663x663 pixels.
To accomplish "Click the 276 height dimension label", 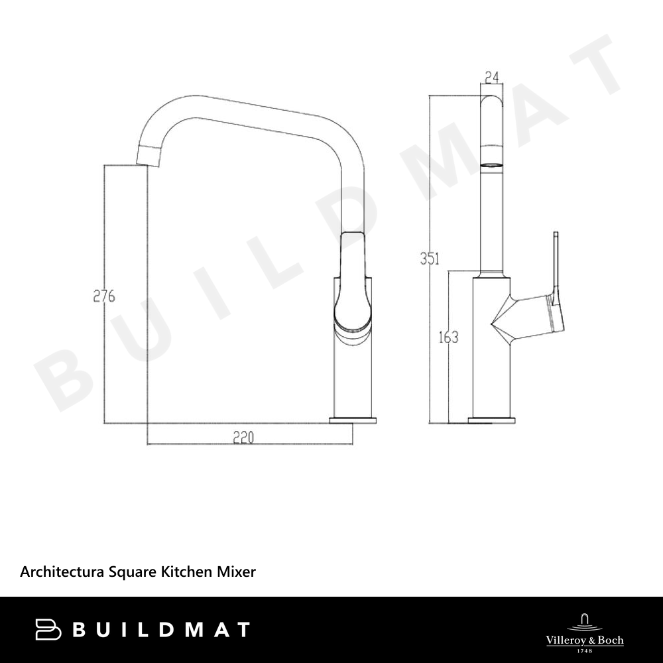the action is click(x=104, y=296).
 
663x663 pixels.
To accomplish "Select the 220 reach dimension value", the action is click(x=244, y=437).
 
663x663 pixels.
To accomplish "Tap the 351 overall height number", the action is click(x=430, y=259).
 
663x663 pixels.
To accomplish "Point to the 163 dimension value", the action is click(x=448, y=337).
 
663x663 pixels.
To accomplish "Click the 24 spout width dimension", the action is click(x=492, y=78).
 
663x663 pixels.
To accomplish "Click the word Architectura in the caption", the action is click(x=62, y=572).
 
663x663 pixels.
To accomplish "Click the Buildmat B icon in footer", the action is click(x=48, y=630).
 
